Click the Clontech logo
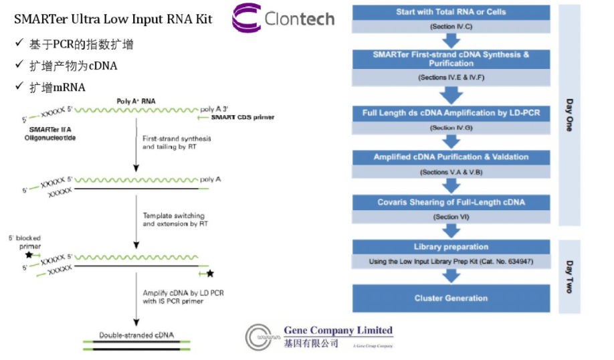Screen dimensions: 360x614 pos(284,19)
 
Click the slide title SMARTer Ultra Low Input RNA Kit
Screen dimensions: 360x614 pos(113,19)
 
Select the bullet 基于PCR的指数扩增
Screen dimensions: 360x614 pos(81,44)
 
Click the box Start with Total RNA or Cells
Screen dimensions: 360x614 pos(451,12)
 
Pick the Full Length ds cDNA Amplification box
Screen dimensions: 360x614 pos(451,113)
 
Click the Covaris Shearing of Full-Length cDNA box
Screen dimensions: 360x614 pos(451,202)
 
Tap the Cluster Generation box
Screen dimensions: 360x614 pos(451,298)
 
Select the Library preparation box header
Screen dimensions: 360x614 pos(451,247)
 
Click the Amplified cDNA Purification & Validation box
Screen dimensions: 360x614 pos(451,157)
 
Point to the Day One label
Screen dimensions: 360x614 pos(569,114)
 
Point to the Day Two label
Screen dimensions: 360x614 pos(569,276)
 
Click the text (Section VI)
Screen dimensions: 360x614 pos(451,217)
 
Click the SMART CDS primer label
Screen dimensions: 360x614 pos(242,118)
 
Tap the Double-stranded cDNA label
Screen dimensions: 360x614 pos(136,335)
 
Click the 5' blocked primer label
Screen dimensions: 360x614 pos(25,242)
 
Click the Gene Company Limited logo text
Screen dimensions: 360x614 pos(338,330)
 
